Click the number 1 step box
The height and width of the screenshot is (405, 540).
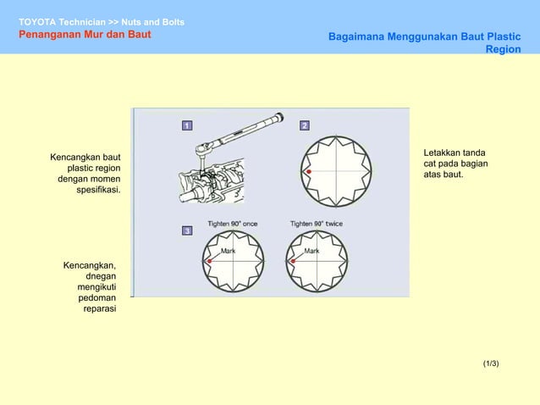coord(187,126)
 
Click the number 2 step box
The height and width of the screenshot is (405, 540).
coord(305,126)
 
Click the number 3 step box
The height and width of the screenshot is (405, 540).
coord(187,230)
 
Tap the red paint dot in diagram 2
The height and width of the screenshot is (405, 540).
coord(309,171)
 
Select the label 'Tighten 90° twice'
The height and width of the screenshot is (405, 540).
coord(317,224)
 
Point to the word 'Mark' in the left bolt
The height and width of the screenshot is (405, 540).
coord(229,252)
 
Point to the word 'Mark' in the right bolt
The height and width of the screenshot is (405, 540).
coord(311,252)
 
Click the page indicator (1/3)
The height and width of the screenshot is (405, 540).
coord(491,363)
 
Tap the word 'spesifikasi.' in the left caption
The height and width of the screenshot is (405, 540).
coord(98,191)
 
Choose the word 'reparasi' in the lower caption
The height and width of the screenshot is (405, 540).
coord(100,310)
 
